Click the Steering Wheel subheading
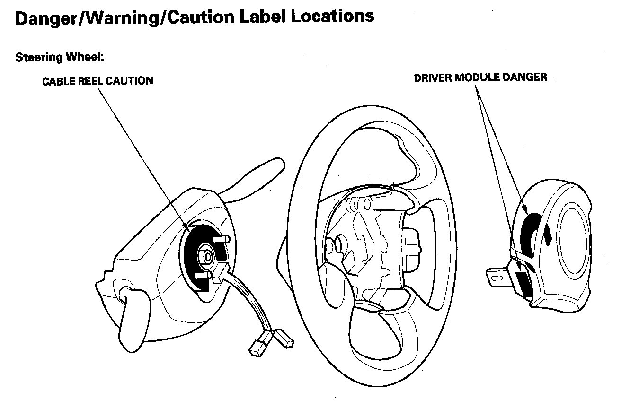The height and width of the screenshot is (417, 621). click(x=59, y=58)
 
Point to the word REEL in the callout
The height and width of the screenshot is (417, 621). click(x=92, y=81)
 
